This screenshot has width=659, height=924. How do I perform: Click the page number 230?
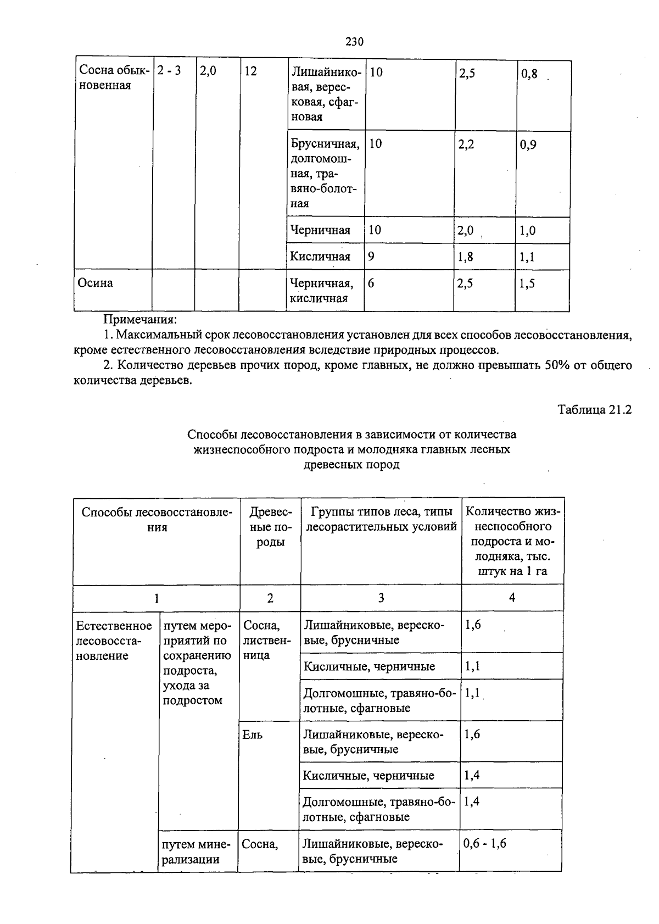coord(355,42)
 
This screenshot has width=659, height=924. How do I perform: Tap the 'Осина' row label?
coord(95,283)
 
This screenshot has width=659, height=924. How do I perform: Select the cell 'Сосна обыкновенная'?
coord(113,78)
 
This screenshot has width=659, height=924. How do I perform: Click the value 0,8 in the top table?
coord(529,74)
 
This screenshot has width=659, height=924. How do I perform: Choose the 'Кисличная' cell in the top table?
coord(320,257)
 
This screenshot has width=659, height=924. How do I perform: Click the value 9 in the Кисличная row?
coord(371,257)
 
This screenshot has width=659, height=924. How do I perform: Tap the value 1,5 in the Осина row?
coord(527,283)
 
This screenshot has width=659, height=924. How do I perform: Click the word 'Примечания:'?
coord(140,319)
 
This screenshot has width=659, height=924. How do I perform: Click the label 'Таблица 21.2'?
coord(595,410)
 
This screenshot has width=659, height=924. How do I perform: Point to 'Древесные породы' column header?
coord(270,527)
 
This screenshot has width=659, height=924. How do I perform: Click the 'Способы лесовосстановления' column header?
coord(157,519)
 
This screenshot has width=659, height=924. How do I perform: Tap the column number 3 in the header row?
coord(381,598)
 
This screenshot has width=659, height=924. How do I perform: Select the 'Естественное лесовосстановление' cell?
coord(114,641)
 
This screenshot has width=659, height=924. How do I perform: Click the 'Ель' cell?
coord(253,735)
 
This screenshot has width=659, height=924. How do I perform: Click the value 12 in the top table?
coord(250,71)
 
